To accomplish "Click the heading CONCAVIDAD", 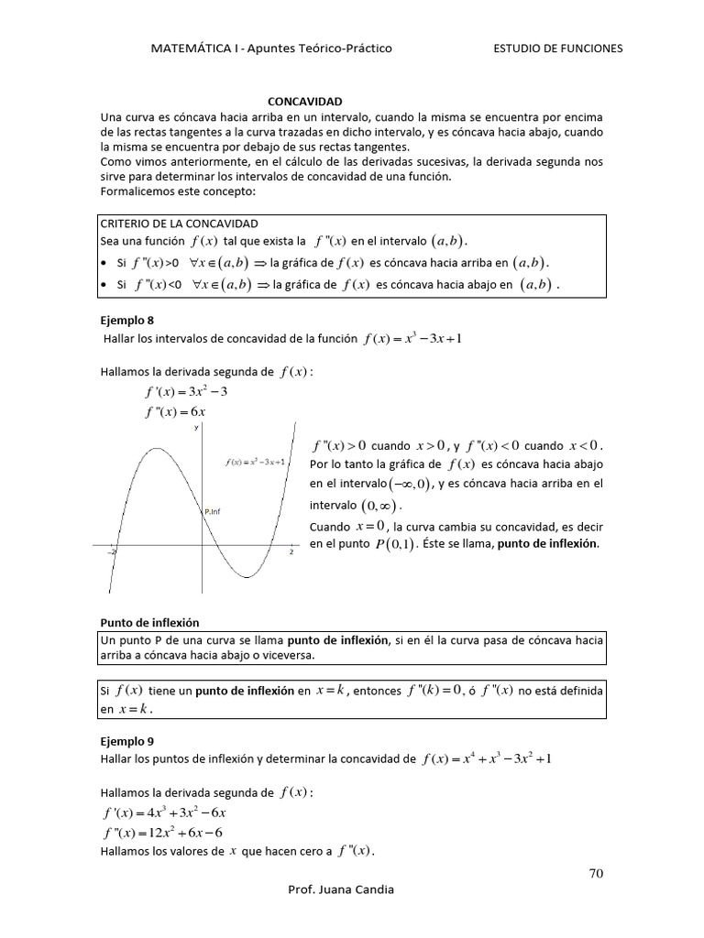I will tap(303, 103).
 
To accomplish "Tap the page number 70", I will tap(596, 873).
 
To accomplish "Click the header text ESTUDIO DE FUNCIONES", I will tap(557, 49).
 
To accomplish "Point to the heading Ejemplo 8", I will tap(128, 322).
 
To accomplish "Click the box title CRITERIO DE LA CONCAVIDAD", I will tap(179, 224).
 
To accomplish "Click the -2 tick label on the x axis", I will tap(113, 552).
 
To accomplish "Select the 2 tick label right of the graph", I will tap(291, 552).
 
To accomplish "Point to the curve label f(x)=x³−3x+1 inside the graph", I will tap(256, 462).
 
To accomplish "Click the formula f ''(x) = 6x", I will tap(175, 411).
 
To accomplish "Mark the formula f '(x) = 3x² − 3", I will tap(186, 392).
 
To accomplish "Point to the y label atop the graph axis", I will tap(196, 428).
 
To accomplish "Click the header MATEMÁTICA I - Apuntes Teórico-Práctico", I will tap(270, 49).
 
